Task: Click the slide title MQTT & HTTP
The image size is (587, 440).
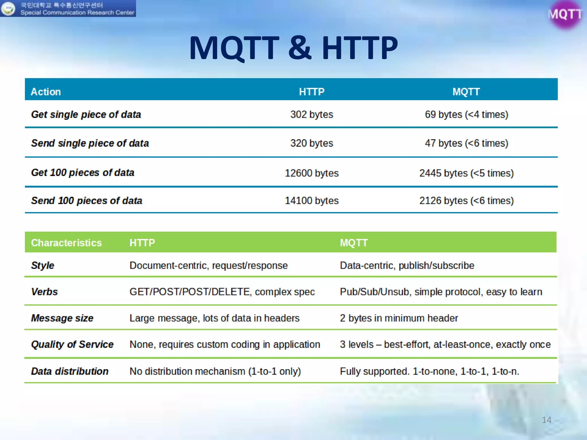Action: (293, 48)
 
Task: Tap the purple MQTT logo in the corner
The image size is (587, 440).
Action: (565, 14)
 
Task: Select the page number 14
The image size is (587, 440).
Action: (546, 420)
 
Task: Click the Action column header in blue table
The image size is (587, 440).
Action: (46, 92)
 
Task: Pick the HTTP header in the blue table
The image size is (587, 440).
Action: (312, 92)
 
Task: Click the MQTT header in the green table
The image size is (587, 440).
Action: (354, 243)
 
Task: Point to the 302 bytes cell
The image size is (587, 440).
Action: (312, 115)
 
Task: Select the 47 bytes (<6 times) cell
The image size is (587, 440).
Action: (466, 143)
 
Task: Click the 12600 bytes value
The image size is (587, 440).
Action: (312, 173)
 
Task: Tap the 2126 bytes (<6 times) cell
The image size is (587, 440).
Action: (466, 201)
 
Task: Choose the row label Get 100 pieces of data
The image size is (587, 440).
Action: (83, 173)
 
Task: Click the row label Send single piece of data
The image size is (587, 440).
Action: (90, 143)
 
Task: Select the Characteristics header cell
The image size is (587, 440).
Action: (66, 243)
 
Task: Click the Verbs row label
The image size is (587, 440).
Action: (44, 292)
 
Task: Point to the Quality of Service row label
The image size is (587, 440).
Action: (72, 344)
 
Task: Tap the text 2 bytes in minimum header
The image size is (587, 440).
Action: (399, 318)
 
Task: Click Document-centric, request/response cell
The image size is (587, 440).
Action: (208, 266)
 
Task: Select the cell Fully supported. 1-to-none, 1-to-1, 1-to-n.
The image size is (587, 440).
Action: (429, 372)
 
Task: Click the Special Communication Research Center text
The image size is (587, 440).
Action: (77, 13)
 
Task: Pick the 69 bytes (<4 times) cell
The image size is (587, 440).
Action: (466, 115)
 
